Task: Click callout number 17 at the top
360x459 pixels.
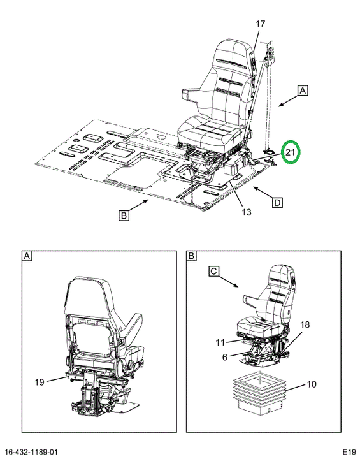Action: click(260, 24)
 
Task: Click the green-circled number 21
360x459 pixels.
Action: click(290, 152)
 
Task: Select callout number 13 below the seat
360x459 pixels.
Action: click(247, 212)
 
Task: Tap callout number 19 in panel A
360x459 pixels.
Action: click(40, 382)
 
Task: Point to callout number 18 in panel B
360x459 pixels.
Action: click(305, 324)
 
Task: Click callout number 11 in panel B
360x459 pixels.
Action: click(220, 342)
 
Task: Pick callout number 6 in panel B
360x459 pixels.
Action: click(224, 357)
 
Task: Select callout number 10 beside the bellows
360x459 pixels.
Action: click(312, 384)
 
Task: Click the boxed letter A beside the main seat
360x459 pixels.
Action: click(303, 91)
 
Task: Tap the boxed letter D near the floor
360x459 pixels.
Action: click(277, 202)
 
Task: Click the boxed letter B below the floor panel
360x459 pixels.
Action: click(124, 215)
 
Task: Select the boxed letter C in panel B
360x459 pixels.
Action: click(213, 271)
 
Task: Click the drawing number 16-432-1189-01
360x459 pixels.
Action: click(31, 452)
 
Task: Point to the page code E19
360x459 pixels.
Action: click(349, 451)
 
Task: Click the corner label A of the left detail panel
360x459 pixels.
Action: click(27, 256)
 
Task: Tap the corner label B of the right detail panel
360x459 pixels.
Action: click(191, 256)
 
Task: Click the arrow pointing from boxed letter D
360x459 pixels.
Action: click(263, 193)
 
